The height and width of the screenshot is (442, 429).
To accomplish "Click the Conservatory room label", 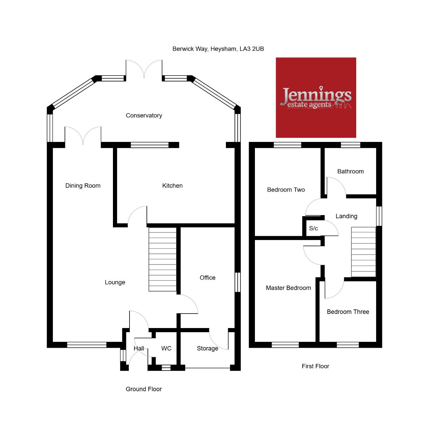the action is click(x=144, y=115).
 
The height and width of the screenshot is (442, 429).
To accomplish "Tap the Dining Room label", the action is click(x=83, y=185).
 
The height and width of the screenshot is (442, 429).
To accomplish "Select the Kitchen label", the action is click(x=172, y=185).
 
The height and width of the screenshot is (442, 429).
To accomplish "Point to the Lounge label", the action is click(x=115, y=282).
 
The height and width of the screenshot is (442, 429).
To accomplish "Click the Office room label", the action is click(x=208, y=278).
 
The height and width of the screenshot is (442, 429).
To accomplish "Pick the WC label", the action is click(x=166, y=348).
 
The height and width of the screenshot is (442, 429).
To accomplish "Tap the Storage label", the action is click(x=208, y=348).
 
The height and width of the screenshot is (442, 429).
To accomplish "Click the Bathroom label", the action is click(x=350, y=171).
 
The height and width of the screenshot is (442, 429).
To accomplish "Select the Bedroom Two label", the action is click(x=286, y=190).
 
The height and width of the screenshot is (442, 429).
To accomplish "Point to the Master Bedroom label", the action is click(x=288, y=288).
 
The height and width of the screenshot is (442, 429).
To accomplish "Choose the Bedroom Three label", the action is click(x=348, y=311).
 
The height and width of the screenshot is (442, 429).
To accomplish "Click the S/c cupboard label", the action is click(x=313, y=228).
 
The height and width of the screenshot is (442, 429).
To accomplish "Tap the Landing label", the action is click(x=346, y=216).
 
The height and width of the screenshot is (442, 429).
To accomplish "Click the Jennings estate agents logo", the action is click(x=316, y=97).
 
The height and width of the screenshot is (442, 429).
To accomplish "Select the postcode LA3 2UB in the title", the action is click(x=251, y=49).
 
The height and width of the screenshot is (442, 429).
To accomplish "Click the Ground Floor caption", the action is click(x=144, y=389).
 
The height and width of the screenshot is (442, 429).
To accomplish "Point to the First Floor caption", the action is click(x=315, y=366).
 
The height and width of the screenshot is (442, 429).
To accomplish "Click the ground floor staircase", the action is click(x=162, y=259).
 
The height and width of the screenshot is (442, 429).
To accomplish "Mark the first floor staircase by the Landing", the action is click(x=364, y=252).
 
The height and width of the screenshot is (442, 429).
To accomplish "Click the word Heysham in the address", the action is click(x=223, y=49).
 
